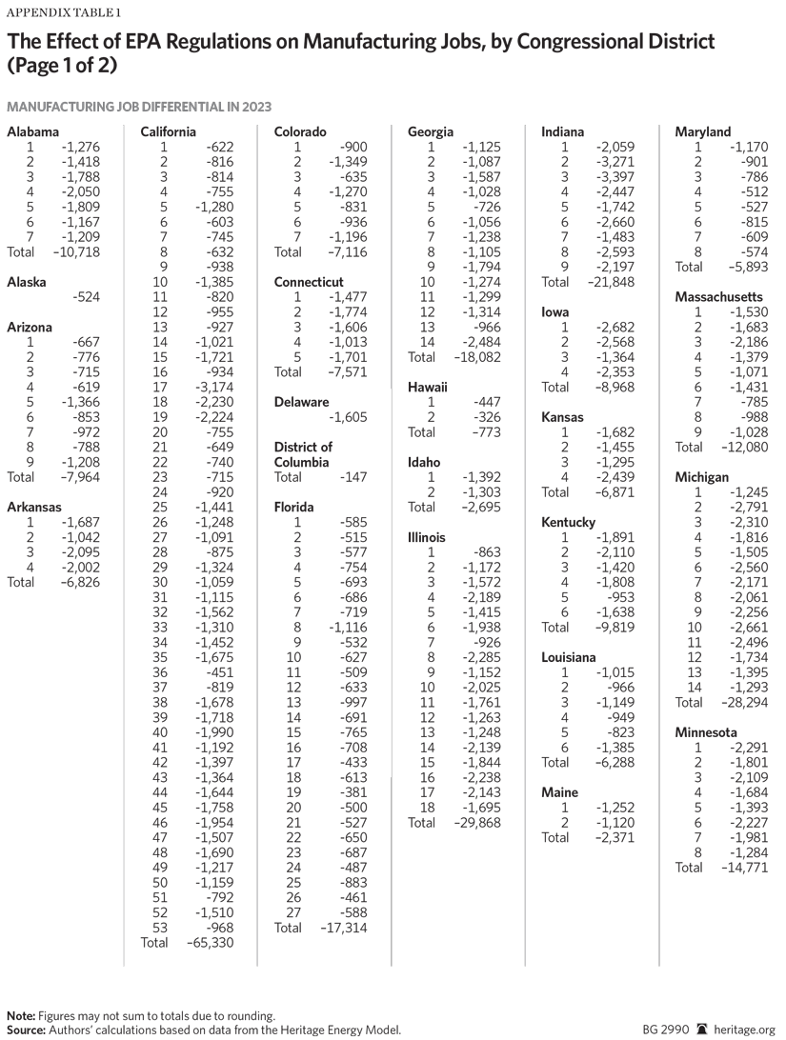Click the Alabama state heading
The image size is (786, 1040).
click(32, 132)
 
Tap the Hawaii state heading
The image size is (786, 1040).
click(428, 388)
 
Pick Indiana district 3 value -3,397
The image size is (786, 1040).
click(614, 177)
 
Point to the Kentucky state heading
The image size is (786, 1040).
click(568, 522)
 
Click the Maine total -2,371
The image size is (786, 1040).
click(612, 837)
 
